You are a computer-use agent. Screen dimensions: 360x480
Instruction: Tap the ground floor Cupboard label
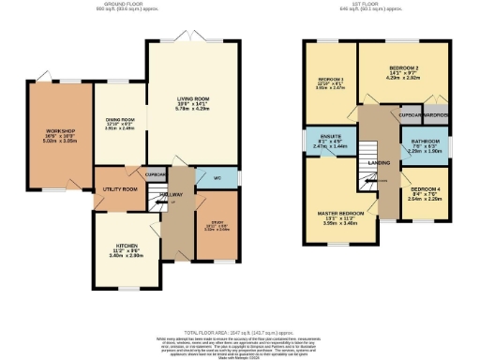156,173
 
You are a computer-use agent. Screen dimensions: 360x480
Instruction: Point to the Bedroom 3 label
329,79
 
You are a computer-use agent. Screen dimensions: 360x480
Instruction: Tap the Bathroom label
424,142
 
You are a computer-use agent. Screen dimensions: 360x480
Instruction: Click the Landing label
379,162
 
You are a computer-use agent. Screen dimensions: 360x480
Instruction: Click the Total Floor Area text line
239,334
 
